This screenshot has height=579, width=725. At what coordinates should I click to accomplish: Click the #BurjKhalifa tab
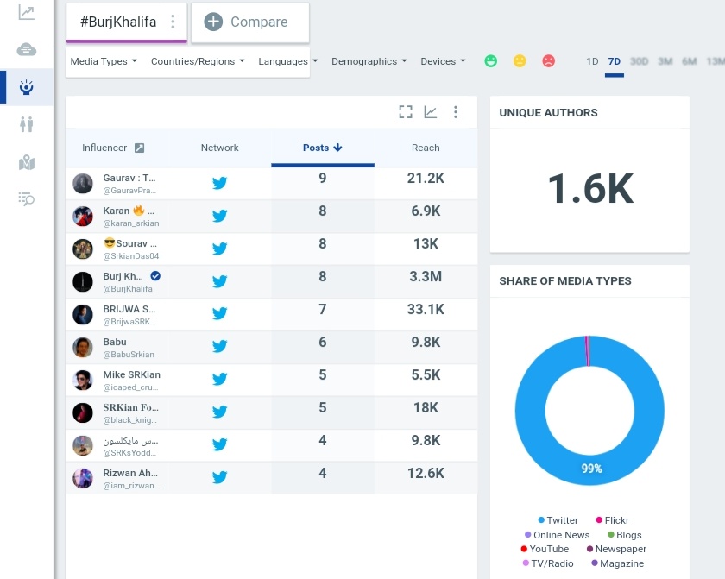[x=118, y=22]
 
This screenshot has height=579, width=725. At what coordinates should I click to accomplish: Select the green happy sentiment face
[x=490, y=61]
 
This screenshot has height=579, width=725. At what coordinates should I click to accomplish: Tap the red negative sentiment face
[x=548, y=61]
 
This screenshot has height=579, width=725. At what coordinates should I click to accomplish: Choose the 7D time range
[x=615, y=61]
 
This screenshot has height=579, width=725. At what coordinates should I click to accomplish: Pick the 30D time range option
[x=639, y=61]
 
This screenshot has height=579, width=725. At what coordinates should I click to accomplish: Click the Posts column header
[x=322, y=148]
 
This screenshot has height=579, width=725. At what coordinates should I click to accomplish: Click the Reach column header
[x=426, y=148]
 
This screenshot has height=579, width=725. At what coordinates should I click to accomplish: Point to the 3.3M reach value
[x=426, y=277]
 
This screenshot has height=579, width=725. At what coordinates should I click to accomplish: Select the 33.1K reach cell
[x=426, y=310]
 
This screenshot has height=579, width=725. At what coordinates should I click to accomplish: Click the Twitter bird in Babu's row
[x=220, y=346]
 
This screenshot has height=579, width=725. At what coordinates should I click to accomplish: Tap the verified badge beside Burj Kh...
[x=155, y=276]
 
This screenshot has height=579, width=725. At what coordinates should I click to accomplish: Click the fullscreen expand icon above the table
[x=406, y=112]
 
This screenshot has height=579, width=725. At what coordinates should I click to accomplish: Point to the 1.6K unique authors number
[x=590, y=188]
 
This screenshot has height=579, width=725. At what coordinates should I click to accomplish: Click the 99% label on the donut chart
[x=591, y=469]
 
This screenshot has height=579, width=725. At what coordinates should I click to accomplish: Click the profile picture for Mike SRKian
[x=83, y=380]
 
